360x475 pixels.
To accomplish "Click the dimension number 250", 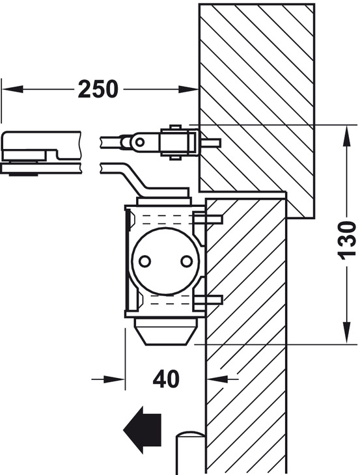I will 98,89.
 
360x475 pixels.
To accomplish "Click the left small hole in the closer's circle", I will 145,261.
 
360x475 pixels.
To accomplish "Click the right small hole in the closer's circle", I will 186,261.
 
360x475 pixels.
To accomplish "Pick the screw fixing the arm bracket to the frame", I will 210,142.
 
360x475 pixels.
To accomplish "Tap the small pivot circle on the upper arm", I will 140,141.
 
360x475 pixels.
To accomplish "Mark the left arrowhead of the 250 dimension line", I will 9,89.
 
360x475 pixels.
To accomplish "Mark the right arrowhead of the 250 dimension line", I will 191,89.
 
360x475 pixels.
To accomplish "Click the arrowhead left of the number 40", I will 117,378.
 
